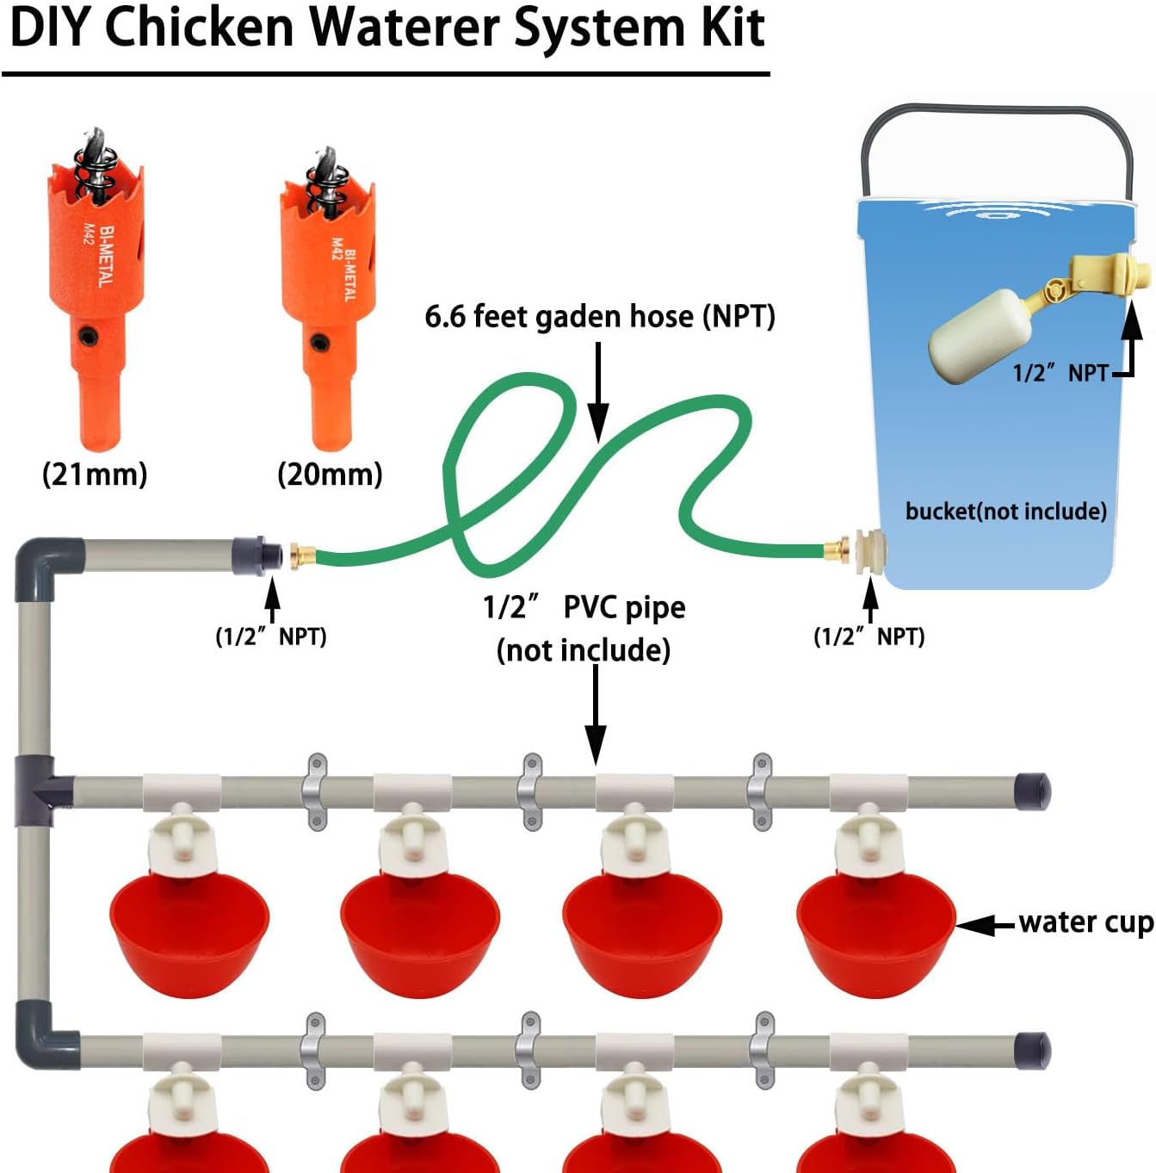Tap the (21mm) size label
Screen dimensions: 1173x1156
95,474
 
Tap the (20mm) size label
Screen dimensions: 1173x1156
330,474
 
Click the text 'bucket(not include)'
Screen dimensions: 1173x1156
1005,512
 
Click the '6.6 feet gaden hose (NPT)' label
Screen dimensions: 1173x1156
599,317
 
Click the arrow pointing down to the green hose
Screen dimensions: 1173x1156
598,388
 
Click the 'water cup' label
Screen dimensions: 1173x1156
1085,922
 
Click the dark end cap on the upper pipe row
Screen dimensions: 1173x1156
1032,791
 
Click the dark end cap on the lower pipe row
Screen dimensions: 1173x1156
1032,1050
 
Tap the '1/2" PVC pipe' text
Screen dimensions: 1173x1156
584,607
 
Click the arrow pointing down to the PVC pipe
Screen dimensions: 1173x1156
596,715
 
